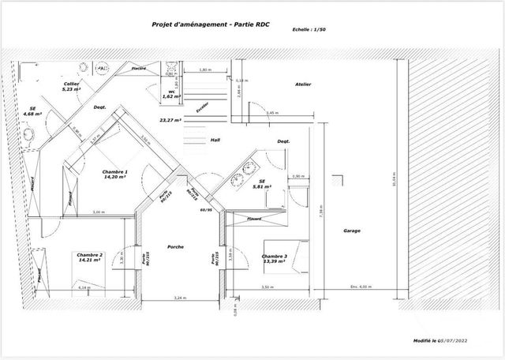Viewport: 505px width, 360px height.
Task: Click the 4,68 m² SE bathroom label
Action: (32, 111)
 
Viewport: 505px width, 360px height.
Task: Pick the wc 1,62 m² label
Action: (170, 94)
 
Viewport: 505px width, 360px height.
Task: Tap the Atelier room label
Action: (303, 84)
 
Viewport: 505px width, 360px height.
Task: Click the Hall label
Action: (215, 140)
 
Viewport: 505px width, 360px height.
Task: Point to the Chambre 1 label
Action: (116, 174)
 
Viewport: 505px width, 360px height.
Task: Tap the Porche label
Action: (176, 247)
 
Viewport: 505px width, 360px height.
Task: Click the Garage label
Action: (353, 232)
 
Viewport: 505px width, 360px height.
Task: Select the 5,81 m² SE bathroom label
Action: (262, 184)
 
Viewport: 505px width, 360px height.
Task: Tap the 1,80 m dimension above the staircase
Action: (205, 70)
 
